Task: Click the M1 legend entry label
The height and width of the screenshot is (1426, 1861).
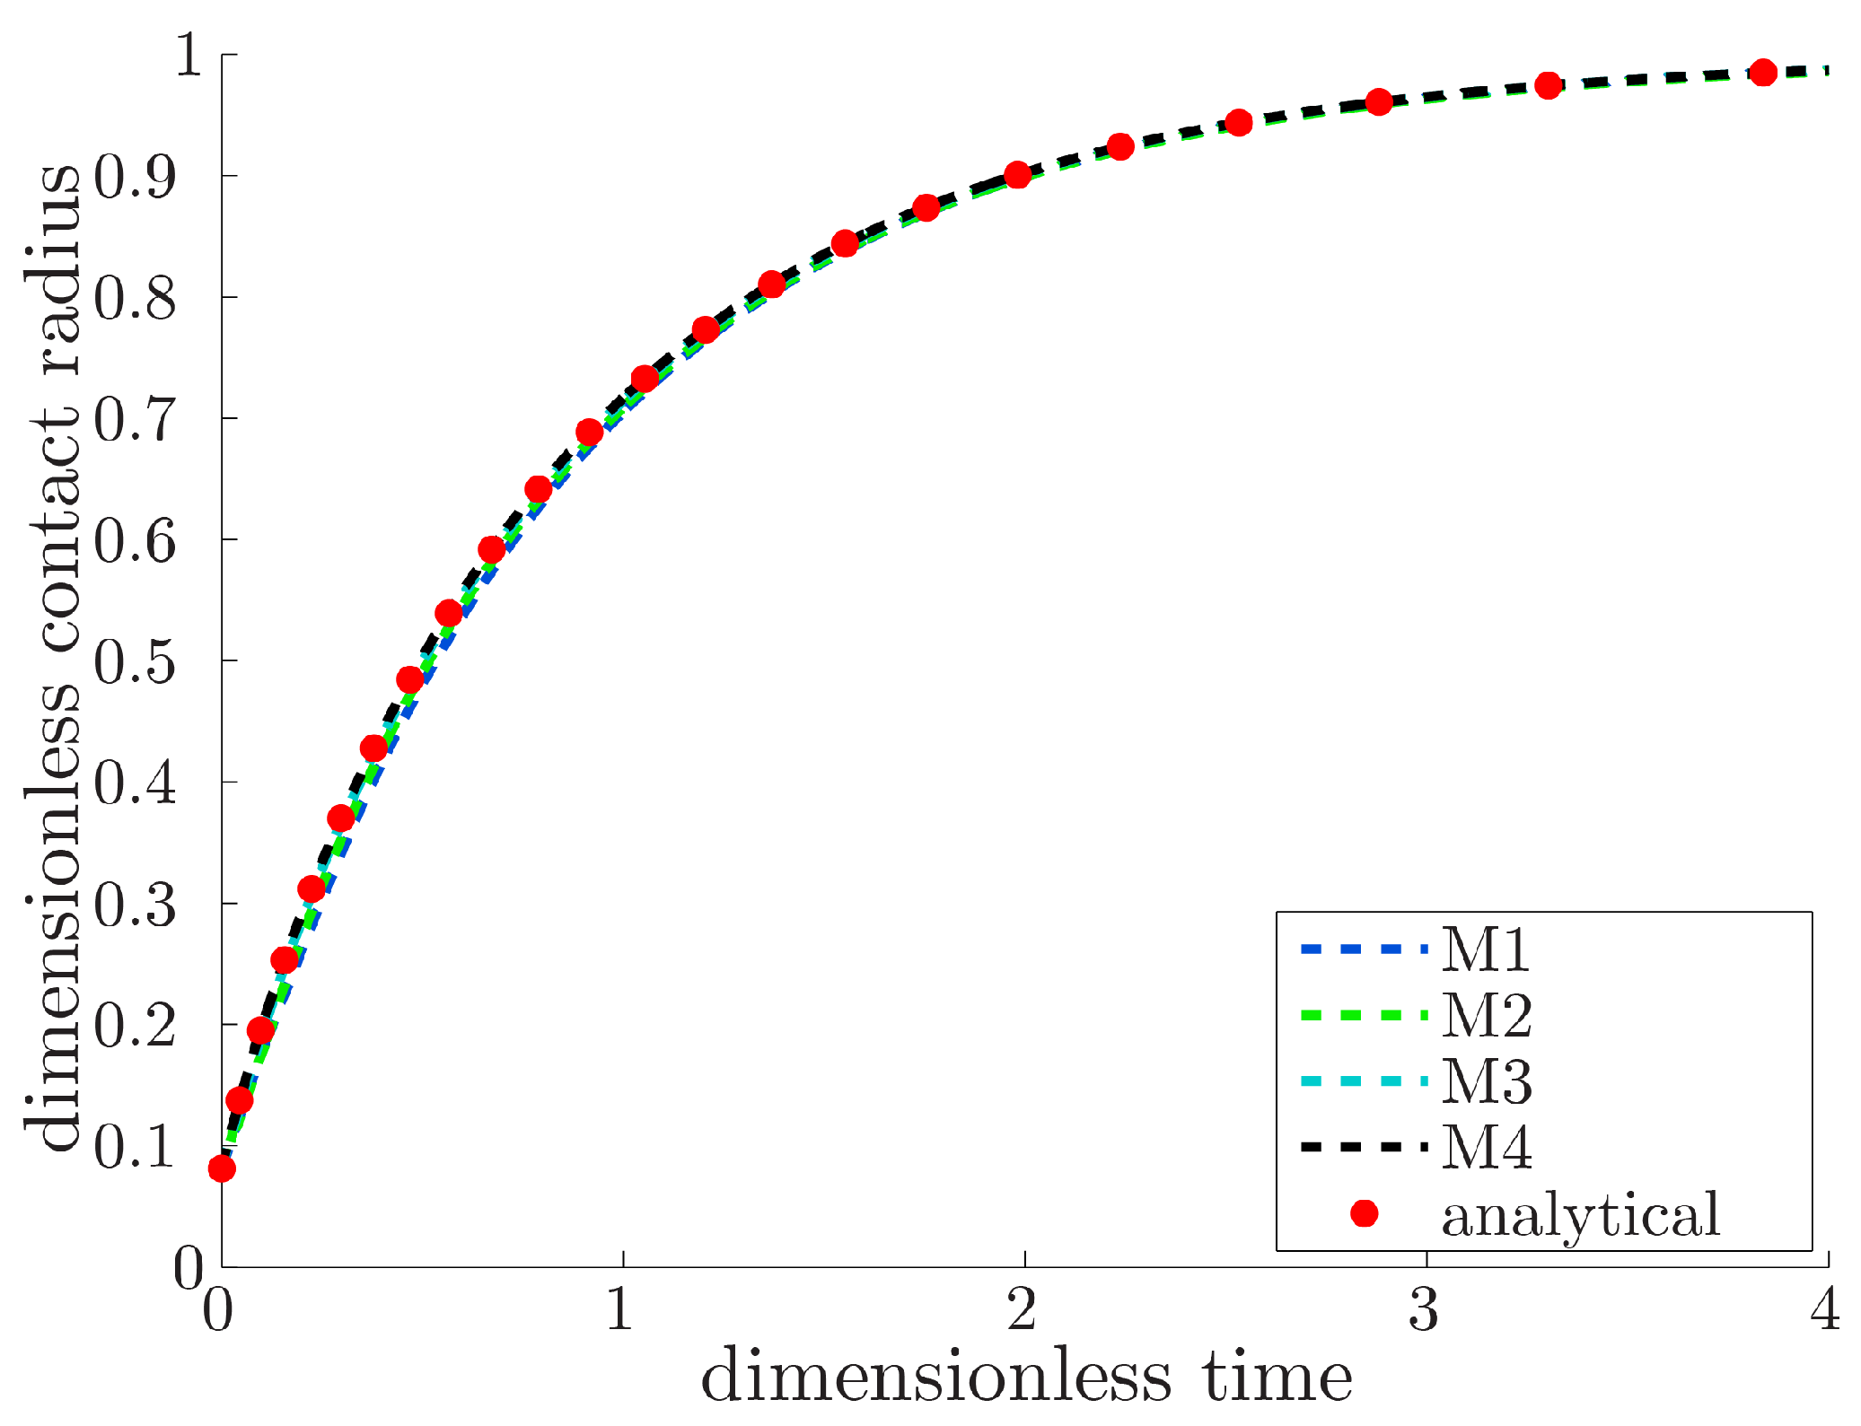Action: (1485, 949)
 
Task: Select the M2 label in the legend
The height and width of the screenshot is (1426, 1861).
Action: (1486, 1016)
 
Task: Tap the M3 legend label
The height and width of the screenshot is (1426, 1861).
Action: (1486, 1081)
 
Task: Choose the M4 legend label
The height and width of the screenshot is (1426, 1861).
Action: (1486, 1147)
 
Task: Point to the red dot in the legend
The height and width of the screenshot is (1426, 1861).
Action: (1364, 1213)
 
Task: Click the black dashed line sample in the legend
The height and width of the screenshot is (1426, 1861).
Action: (1363, 1147)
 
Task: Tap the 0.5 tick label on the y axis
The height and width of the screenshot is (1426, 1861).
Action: (135, 663)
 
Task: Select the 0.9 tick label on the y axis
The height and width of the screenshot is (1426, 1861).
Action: (135, 177)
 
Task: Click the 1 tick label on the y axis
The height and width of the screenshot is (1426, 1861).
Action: (189, 56)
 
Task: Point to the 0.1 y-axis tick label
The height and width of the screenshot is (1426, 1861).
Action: (135, 1147)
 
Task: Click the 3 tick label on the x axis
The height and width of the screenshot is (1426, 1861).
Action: (1424, 1310)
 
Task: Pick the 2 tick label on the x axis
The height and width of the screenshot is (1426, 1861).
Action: (1023, 1310)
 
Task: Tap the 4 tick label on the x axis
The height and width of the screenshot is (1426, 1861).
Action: (1825, 1310)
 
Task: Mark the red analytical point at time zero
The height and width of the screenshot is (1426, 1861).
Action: (222, 1168)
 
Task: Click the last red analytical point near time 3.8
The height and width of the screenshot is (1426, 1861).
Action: (1763, 73)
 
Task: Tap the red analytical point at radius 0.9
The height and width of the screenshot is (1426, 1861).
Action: (1017, 175)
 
